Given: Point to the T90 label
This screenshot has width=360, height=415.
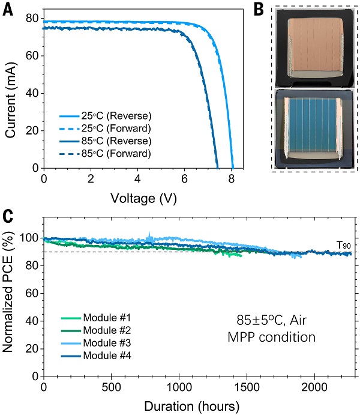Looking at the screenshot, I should click(x=344, y=244).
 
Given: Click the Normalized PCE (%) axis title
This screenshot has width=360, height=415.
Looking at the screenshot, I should click(x=10, y=300).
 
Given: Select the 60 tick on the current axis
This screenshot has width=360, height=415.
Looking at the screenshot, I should click(x=31, y=56).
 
